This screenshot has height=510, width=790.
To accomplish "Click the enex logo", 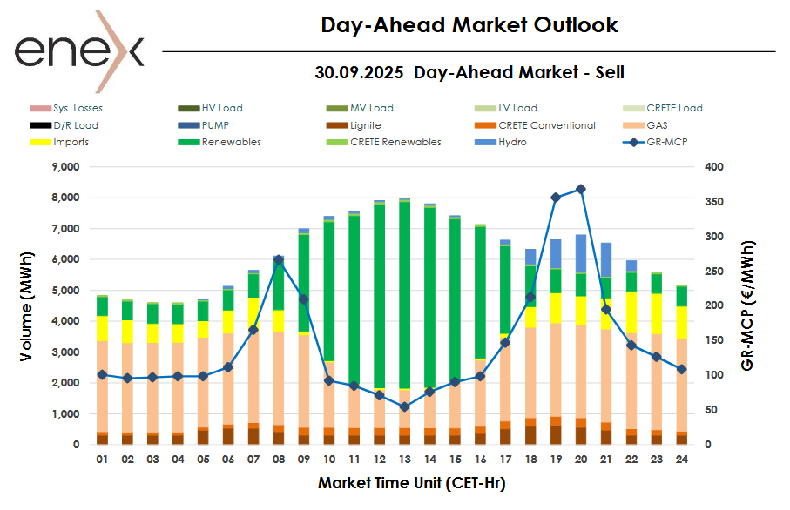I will pos(78,51).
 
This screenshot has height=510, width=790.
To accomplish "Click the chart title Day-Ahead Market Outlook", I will pos(469,25).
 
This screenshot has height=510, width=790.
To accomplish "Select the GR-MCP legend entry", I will pos(656,142).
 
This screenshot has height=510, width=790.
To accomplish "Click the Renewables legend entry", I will pos(231,142).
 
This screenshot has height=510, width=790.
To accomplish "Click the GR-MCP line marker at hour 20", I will pos(581,189).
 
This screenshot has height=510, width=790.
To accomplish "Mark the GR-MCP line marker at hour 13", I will pos(404,406).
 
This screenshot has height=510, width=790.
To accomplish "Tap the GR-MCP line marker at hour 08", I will pos(279,259).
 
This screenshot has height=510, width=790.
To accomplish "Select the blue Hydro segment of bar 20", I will pos(581,253).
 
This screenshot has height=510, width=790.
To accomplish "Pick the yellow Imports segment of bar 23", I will pos(656,313).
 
